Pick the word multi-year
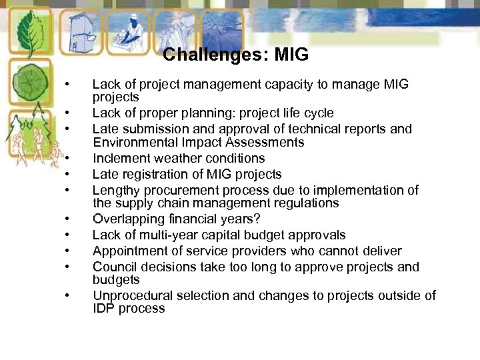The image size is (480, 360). click(x=175, y=235)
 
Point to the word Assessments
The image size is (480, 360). click(x=267, y=143)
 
